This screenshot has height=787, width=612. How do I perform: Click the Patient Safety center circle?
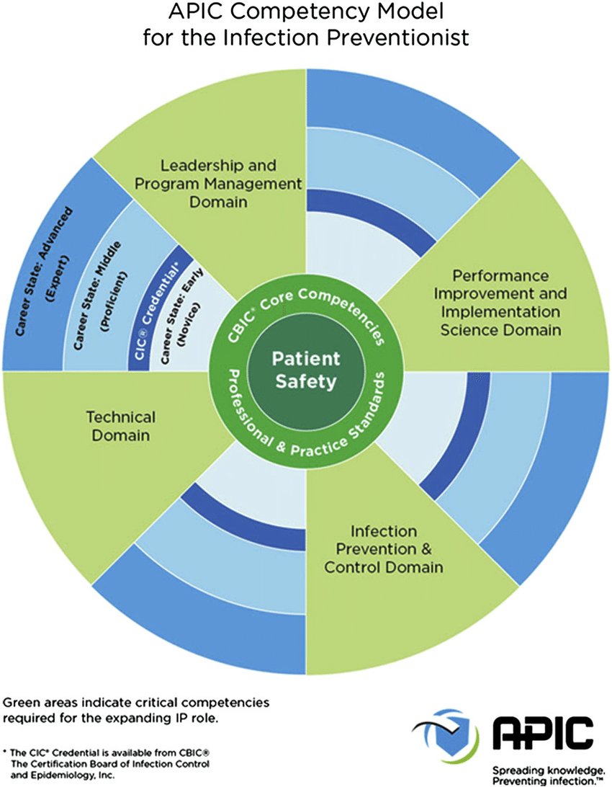tap(306, 371)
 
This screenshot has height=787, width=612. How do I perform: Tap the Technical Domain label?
tap(121, 426)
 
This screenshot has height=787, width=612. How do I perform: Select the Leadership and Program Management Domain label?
tap(218, 184)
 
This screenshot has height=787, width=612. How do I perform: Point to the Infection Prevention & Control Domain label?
tap(384, 549)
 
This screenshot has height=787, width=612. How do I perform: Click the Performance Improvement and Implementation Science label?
tap(500, 303)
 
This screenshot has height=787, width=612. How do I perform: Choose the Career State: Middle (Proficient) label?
tap(100, 295)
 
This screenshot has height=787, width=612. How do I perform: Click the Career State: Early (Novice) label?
tap(181, 316)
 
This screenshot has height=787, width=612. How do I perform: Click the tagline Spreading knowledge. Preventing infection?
tap(548, 775)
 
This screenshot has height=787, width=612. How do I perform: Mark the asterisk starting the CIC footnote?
tap(4, 752)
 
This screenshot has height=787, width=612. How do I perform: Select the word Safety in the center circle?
tap(306, 382)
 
